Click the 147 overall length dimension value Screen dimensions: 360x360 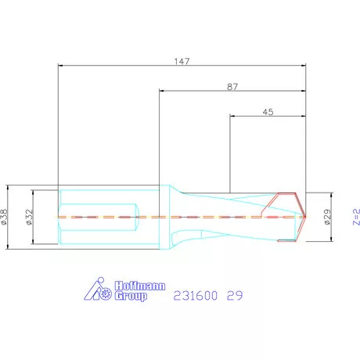[x=182, y=61]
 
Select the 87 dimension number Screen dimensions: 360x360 [x=232, y=87]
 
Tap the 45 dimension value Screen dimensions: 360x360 [x=268, y=112]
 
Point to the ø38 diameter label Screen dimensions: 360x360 [x=4, y=217]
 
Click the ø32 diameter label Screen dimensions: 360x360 [x=30, y=217]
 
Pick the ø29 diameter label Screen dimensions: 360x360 [x=327, y=217]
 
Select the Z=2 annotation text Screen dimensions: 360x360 [x=356, y=217]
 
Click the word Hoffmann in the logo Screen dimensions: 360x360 [x=140, y=286]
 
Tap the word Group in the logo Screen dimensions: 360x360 [x=131, y=296]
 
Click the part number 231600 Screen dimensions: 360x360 [x=196, y=296]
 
